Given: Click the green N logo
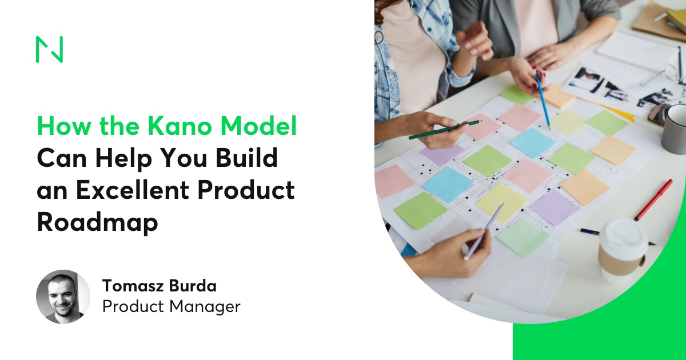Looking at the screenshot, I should point(49,49).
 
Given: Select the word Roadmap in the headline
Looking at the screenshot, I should point(97,222).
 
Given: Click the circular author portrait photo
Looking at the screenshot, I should point(63,297).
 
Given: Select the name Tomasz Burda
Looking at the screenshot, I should point(159,285).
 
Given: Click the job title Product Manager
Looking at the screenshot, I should point(171,307).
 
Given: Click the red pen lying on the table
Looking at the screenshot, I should point(653,200).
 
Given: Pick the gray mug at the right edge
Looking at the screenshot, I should point(675,129).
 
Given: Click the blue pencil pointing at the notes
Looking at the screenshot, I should point(543,100).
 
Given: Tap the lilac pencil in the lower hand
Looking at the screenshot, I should point(484,231).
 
